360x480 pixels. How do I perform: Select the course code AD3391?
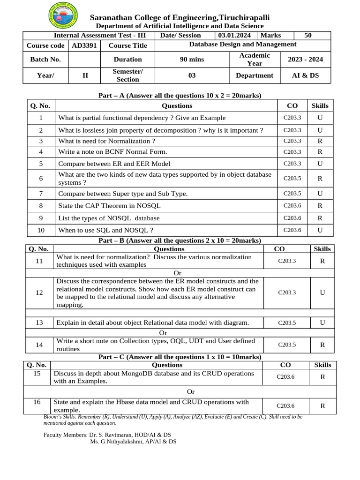83,45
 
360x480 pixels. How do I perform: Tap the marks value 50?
308,36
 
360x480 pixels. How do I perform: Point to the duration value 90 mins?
192,60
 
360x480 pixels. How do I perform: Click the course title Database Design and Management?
242,45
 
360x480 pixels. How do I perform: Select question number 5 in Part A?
41,164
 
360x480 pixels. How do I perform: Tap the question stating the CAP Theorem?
109,206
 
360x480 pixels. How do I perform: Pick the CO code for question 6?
292,179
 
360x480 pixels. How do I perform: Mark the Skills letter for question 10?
320,230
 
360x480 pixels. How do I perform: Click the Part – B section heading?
180,240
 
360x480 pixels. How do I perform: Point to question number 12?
39,292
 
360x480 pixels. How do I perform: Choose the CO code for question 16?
285,406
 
